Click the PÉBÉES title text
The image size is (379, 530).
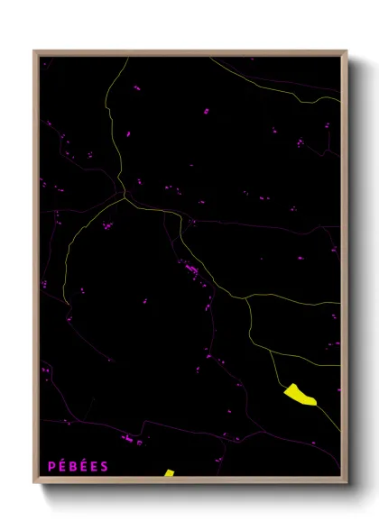[79, 466]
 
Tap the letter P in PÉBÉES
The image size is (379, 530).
[51, 466]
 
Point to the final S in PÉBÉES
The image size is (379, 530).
[105, 466]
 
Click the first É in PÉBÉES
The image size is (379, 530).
[62, 466]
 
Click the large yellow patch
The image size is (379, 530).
[300, 395]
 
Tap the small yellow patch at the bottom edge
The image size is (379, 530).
[169, 473]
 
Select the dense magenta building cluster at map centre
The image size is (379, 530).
[190, 269]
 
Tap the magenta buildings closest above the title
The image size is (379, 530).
[129, 439]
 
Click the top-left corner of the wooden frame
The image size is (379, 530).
[34, 51]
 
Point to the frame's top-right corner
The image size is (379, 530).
[347, 51]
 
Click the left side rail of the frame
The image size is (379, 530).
[36, 270]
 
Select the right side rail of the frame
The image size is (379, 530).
[345, 270]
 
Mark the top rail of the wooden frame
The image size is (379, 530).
[189, 53]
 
